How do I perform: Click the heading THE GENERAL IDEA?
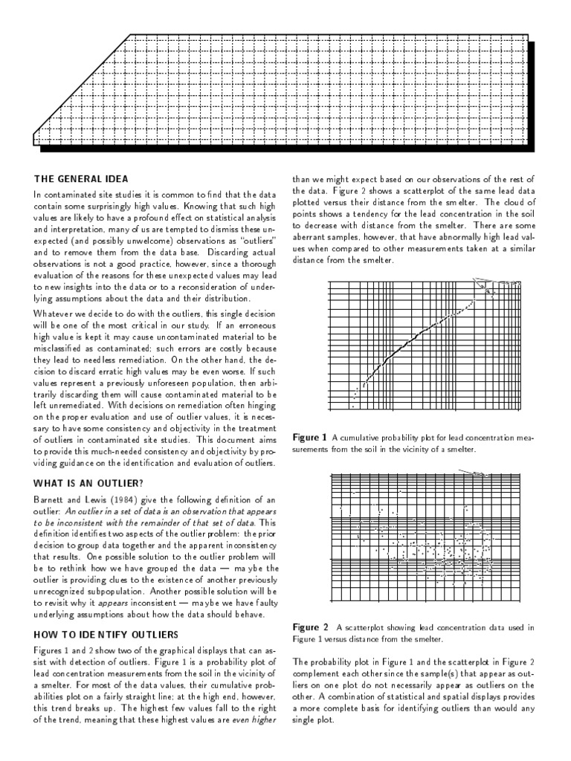pos(81,178)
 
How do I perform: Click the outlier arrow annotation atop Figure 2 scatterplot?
pos(476,473)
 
